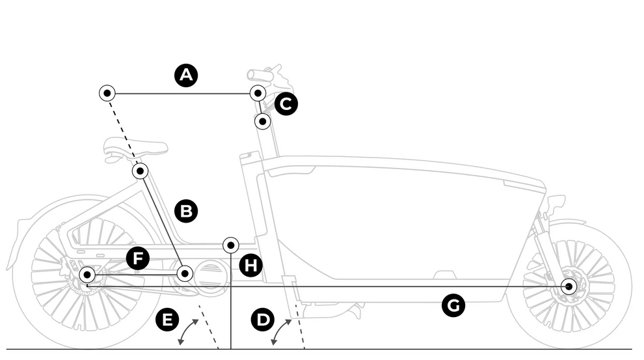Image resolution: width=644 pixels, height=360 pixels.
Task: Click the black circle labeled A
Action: (186, 76)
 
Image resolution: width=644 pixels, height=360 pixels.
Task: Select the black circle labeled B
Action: (186, 211)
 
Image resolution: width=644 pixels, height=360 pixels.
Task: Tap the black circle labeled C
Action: (286, 104)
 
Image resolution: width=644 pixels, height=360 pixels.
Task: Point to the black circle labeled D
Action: (262, 320)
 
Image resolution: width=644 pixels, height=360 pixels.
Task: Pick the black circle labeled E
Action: (167, 320)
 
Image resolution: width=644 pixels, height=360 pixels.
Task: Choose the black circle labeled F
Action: (138, 258)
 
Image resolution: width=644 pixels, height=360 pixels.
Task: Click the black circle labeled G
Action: (453, 306)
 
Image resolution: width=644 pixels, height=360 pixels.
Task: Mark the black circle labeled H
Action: (250, 265)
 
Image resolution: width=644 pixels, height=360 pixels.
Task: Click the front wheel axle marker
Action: (569, 286)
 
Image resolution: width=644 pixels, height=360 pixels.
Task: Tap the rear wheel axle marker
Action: (87, 275)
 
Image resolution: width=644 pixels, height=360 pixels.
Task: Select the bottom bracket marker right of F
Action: (185, 273)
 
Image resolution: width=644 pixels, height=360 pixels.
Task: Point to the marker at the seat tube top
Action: (140, 171)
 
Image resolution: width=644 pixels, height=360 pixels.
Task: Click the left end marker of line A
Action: (107, 93)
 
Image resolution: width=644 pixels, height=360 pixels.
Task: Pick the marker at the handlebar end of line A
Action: (258, 93)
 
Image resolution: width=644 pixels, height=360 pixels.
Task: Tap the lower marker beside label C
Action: (262, 121)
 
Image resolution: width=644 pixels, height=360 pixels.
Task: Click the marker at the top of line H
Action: (231, 245)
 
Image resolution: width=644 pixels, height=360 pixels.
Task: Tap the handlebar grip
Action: (256, 75)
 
